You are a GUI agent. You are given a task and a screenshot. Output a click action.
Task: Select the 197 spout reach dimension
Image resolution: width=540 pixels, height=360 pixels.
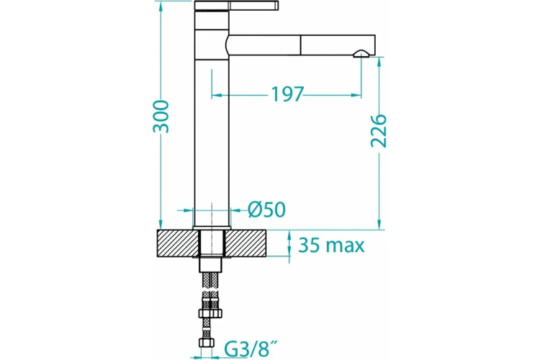(x=287, y=94)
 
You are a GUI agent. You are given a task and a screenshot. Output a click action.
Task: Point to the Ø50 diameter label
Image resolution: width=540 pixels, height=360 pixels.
(x=266, y=210)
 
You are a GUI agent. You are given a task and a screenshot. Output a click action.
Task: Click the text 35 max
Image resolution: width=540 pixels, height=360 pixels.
(x=332, y=245)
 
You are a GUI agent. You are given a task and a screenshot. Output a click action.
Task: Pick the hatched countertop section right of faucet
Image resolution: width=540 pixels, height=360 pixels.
(x=249, y=243)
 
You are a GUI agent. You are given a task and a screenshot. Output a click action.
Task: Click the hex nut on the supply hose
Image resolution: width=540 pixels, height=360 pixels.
(x=212, y=315)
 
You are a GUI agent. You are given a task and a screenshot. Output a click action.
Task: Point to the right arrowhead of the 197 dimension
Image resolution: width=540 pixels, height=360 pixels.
(x=357, y=94)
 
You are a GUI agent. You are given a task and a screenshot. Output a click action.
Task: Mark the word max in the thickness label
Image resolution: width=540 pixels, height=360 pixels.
(x=345, y=245)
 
